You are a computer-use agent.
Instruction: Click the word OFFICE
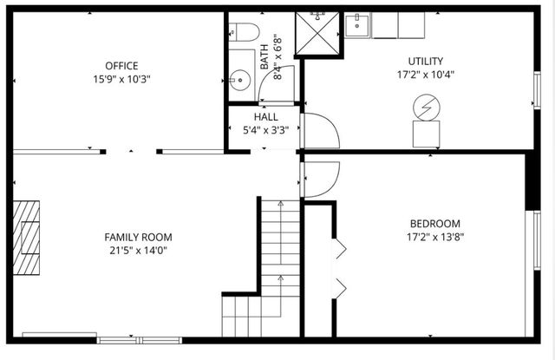point(121,66)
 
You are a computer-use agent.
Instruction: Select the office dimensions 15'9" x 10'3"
point(121,80)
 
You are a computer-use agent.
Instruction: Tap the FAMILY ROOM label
point(138,237)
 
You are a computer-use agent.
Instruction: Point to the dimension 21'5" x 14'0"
point(138,251)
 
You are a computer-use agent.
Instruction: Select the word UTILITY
point(426,61)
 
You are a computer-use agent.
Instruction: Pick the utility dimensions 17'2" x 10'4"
point(426,75)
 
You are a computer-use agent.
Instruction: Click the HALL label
point(265,117)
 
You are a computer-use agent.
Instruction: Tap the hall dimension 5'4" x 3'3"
point(265,131)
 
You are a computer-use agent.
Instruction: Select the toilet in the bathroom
point(244,34)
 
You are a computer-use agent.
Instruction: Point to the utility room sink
point(357,26)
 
